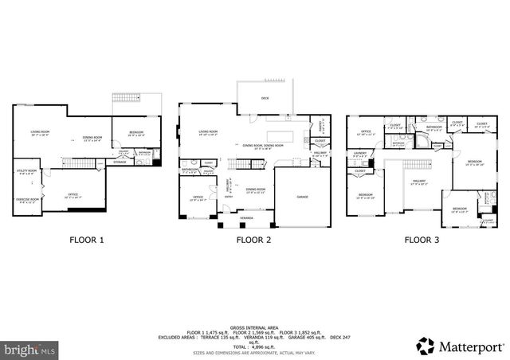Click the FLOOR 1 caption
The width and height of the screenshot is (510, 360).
[86, 239]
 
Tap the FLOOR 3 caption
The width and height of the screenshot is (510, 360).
[421, 239]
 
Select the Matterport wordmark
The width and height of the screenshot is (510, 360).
[470, 346]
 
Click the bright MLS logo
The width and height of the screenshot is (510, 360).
[30, 349]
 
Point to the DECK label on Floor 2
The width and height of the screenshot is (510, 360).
[265, 99]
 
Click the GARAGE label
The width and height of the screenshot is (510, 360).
[302, 196]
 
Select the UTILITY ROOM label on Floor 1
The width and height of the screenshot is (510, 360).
[27, 170]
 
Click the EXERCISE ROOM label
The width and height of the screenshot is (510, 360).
[27, 199]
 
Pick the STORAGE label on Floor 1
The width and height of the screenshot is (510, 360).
[120, 162]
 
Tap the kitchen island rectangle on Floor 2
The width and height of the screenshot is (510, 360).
[280, 135]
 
